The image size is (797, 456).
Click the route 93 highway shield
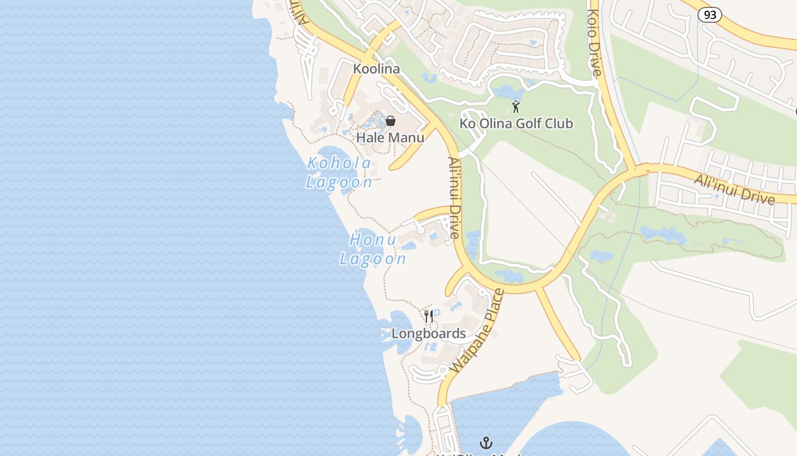(710, 15)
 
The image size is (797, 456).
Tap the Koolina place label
(376, 69)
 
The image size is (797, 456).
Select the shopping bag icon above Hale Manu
(391, 120)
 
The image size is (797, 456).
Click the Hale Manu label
(390, 138)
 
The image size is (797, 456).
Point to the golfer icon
(516, 107)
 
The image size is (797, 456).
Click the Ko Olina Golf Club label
(516, 124)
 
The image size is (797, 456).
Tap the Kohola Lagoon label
(339, 173)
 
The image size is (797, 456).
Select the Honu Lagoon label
(373, 249)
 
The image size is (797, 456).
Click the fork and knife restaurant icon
(429, 316)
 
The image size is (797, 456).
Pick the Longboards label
(429, 334)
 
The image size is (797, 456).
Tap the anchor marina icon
(486, 442)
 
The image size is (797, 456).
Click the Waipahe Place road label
(477, 332)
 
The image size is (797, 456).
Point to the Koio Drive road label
(595, 43)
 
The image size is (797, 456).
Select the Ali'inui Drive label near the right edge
(734, 189)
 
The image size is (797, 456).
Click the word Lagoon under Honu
(373, 259)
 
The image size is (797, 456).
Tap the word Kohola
(339, 164)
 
